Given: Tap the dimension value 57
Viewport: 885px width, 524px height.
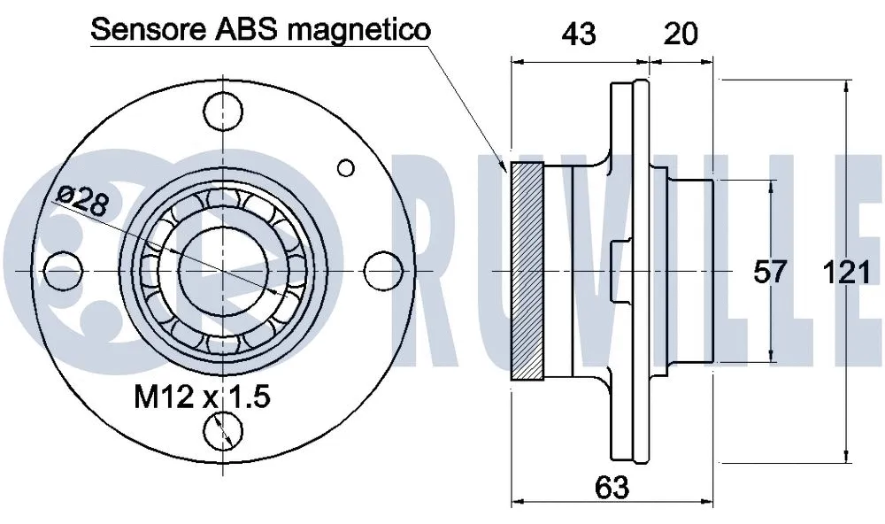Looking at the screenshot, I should click(770, 272).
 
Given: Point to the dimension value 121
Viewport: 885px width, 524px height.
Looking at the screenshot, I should click(846, 272).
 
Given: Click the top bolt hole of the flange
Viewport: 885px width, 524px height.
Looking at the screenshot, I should click(221, 109).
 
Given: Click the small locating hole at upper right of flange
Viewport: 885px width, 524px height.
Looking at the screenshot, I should click(346, 166).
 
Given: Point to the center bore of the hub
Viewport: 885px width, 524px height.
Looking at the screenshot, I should click(221, 269).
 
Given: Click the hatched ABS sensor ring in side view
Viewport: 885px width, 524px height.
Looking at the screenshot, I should click(528, 272).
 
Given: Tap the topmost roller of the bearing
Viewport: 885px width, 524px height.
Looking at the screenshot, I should click(221, 202).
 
